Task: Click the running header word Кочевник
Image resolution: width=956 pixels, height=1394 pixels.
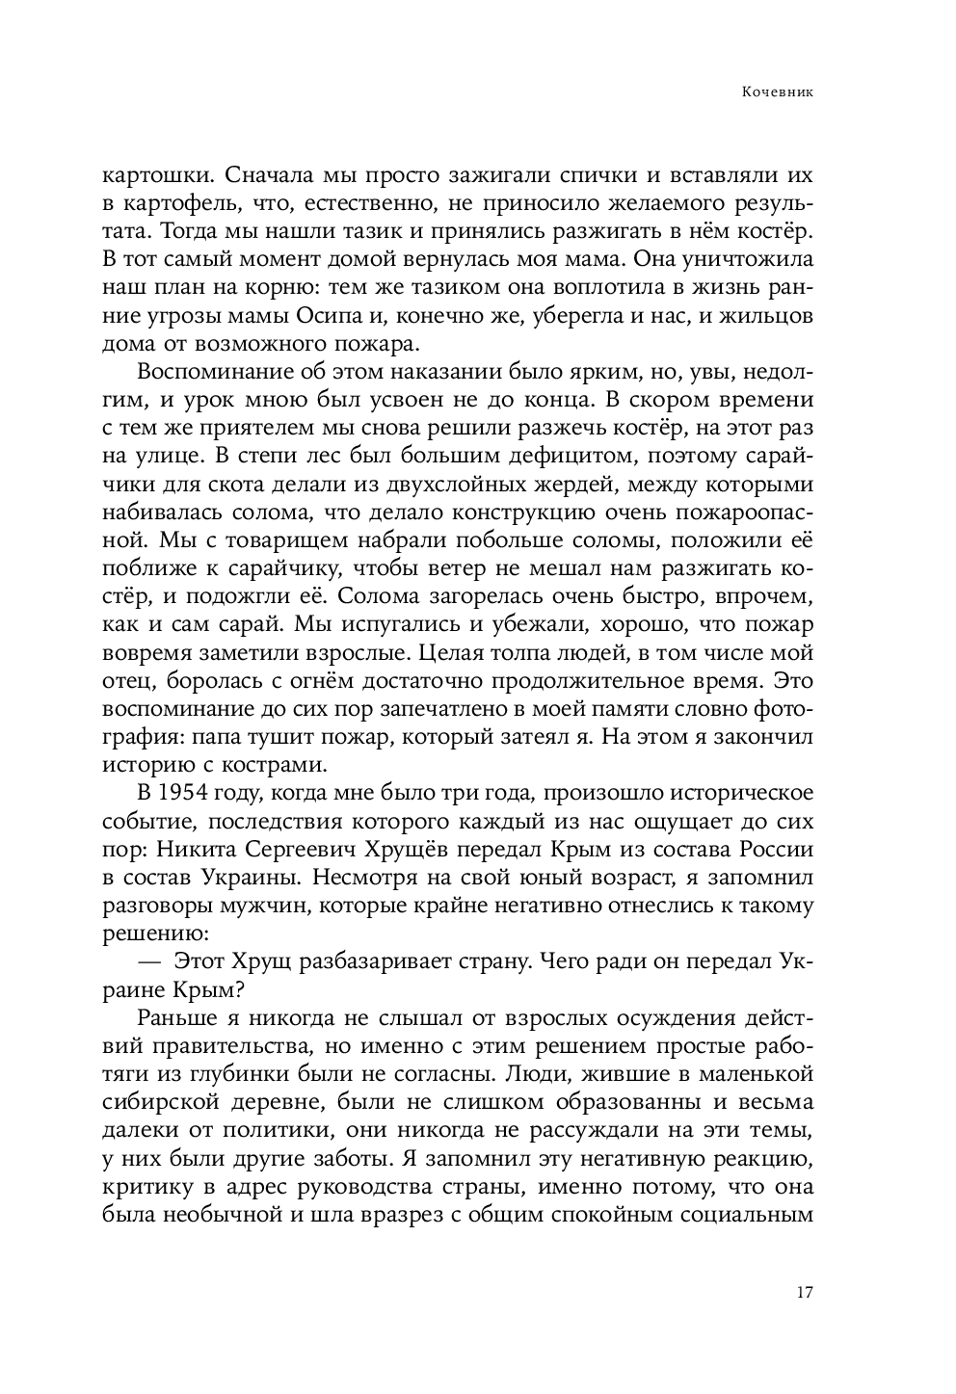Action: coord(779,93)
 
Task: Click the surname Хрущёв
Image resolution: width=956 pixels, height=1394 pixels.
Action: coord(452,850)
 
